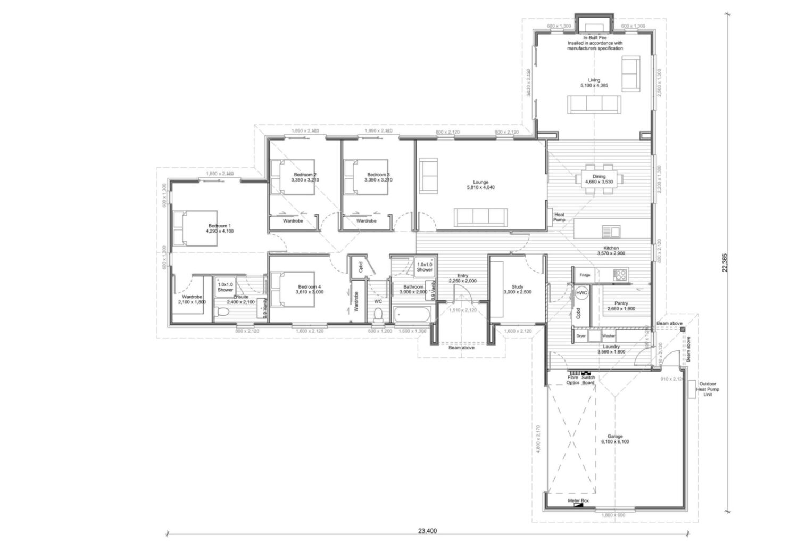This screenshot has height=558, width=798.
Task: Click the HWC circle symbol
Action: [x=581, y=293]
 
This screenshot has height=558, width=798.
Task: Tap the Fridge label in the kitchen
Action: [x=585, y=275]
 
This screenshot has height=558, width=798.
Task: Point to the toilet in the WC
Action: [x=378, y=315]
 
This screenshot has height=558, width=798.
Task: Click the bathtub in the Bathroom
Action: [x=411, y=315]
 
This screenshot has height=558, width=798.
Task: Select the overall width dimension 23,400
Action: [x=427, y=530]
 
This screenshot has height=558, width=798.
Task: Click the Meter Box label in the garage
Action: [x=578, y=501]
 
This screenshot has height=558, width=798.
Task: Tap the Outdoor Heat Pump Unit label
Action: [x=708, y=389]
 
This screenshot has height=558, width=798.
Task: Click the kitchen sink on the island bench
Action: [x=610, y=231]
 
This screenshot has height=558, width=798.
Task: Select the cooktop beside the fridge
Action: [x=620, y=275]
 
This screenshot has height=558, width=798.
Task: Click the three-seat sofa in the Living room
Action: [x=594, y=104]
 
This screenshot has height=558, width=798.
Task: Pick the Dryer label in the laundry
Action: [x=581, y=337]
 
